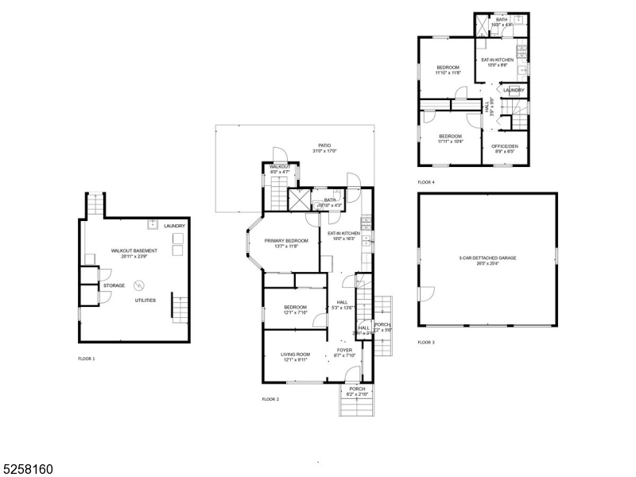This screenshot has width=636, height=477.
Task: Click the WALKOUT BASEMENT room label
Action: click(134, 250)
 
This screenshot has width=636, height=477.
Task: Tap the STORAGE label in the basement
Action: click(113, 285)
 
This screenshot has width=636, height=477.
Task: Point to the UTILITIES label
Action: click(145, 300)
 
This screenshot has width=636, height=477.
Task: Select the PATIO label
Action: click(324, 145)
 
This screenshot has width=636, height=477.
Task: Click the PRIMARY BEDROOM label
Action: click(286, 240)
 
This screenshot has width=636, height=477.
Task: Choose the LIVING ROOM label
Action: click(295, 355)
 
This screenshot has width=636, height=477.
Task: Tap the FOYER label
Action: click(344, 349)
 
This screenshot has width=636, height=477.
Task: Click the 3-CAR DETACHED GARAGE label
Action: click(487, 258)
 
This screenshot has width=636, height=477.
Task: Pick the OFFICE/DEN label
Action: click(505, 146)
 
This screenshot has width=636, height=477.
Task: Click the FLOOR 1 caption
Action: click(87, 359)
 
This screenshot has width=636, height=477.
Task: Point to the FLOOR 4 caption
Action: click(426, 182)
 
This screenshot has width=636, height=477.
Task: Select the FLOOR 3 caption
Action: click(426, 342)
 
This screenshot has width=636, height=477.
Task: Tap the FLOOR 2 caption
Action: click(270, 398)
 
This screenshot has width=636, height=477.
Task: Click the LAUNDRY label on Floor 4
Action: click(514, 90)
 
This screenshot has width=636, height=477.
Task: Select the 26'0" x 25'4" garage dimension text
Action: click(487, 263)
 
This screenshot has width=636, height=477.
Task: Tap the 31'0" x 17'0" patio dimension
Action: click(324, 151)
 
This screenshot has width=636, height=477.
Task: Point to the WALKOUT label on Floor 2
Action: click(279, 166)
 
